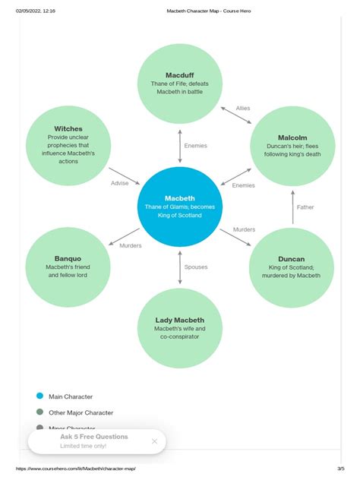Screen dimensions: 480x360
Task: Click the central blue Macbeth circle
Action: (180, 206)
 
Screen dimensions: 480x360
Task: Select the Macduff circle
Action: (180, 84)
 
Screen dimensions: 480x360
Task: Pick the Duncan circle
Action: (292, 267)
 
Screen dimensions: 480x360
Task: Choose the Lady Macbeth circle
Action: (180, 327)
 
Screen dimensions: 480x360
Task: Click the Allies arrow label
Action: (243, 109)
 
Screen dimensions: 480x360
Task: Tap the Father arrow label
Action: (305, 207)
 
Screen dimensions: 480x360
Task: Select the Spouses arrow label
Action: (196, 267)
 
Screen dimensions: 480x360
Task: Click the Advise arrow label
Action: (121, 183)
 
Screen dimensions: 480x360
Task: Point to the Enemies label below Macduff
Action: (196, 145)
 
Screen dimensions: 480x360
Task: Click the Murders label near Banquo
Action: (131, 245)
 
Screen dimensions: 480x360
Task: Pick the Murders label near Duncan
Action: (244, 229)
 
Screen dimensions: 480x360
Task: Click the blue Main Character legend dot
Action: (39, 396)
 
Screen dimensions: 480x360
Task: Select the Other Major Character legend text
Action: (81, 412)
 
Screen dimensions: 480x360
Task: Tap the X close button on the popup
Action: (154, 441)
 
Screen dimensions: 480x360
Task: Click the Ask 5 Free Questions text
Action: (94, 437)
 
